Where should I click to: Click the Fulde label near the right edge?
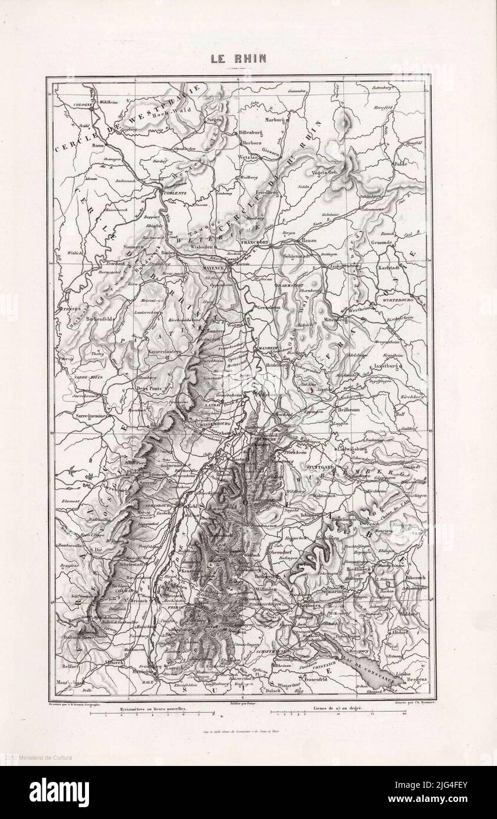[x=401, y=164]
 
